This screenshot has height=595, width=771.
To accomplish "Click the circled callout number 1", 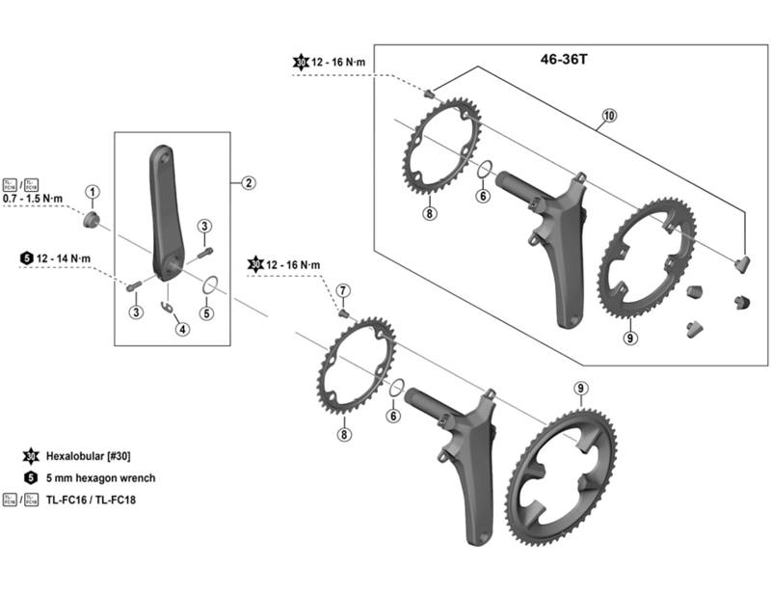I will (93, 193).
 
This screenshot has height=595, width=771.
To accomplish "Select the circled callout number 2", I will (248, 182).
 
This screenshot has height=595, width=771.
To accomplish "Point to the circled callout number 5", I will (208, 313).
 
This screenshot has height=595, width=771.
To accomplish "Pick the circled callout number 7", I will (343, 290).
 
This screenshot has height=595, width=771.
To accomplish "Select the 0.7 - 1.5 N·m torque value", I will (32, 199).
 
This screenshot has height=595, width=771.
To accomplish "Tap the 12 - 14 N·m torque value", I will (64, 257).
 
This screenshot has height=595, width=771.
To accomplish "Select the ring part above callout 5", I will (209, 284).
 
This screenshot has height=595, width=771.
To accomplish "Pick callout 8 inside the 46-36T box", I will (429, 214).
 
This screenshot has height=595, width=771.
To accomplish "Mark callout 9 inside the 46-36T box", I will (629, 338).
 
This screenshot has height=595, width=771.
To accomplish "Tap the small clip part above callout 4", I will (171, 307).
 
